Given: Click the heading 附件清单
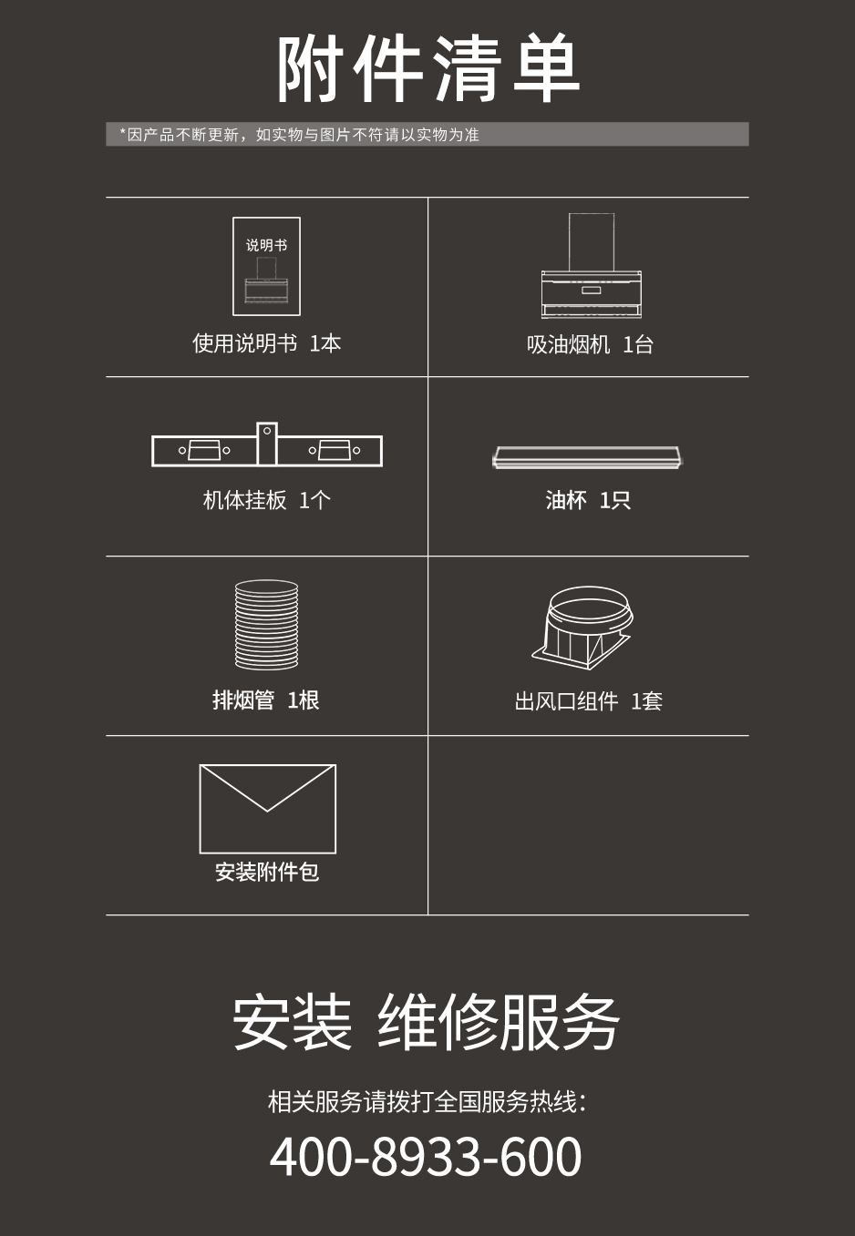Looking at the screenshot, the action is click(x=428, y=68).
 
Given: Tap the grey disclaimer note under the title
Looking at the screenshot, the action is click(x=427, y=134).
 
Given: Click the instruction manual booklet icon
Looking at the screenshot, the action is click(x=267, y=267).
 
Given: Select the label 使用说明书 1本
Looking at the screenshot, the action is click(x=267, y=343).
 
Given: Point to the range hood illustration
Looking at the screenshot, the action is click(x=591, y=265).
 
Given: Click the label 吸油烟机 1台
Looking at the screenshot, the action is click(x=590, y=344).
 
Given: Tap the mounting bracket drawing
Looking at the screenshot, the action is click(x=267, y=444).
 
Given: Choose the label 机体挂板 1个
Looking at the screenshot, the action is click(x=267, y=500).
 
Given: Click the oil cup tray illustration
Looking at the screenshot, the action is click(x=588, y=457).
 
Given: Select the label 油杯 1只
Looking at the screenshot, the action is click(x=588, y=500).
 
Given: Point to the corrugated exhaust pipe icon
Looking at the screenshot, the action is click(x=267, y=625).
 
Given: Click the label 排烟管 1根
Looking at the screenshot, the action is click(x=265, y=700).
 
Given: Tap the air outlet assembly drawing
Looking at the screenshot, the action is click(x=582, y=628).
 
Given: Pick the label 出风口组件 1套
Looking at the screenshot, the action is click(x=588, y=700).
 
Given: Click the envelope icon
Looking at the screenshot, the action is click(x=267, y=809).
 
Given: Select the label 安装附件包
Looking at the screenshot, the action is click(x=267, y=872).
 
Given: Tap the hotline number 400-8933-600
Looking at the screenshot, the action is click(x=426, y=1156).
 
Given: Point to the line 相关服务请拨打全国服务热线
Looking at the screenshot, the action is click(x=426, y=1101).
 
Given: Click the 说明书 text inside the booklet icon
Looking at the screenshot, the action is click(x=267, y=245).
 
